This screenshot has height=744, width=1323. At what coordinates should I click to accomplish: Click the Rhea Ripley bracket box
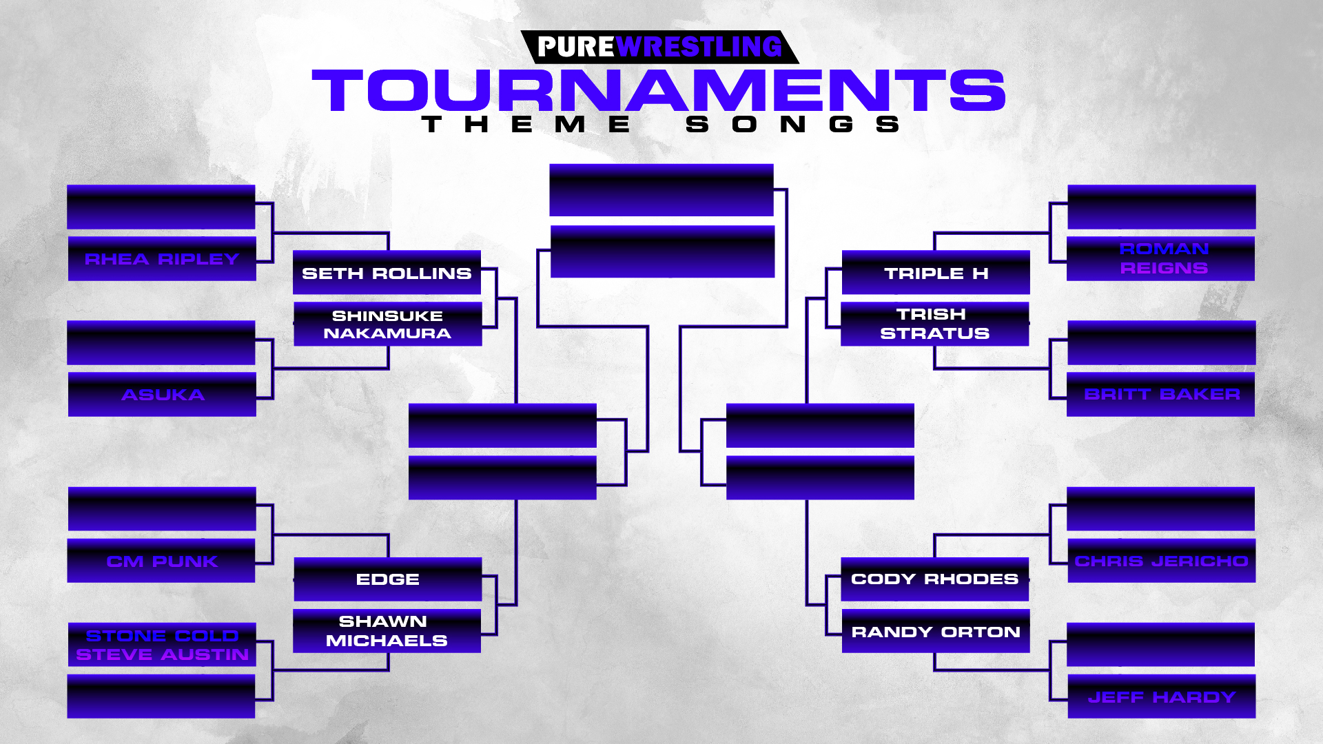point(162,258)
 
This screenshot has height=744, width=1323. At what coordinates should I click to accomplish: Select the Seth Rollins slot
point(387,272)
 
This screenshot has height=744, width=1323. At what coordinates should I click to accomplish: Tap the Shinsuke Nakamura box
point(387,324)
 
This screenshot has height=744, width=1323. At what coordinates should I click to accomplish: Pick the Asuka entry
point(162,394)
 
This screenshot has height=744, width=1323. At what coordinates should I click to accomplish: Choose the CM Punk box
point(161,561)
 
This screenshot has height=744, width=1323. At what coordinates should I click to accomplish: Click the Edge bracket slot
point(387,579)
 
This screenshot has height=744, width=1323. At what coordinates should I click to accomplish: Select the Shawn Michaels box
point(387,630)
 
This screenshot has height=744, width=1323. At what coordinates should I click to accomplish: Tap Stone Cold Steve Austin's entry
point(162,645)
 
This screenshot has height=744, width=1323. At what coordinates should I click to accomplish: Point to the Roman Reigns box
point(1160,258)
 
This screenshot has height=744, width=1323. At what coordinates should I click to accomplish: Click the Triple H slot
point(936,272)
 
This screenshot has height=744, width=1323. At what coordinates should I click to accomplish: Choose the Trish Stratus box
point(935,324)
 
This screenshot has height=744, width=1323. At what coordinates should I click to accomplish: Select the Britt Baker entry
point(1160,394)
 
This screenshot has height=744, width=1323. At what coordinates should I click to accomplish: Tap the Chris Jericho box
point(1162,561)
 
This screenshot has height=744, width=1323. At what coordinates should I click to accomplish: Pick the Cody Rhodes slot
point(935,579)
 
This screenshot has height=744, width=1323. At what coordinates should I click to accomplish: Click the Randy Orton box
point(936,630)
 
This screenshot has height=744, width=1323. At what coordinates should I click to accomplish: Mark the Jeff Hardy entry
point(1162,696)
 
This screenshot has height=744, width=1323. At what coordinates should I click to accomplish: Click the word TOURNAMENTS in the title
point(659,90)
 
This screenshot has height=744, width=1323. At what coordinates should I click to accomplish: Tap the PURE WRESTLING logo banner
point(659,47)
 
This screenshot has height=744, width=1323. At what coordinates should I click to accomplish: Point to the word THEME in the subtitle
point(526,124)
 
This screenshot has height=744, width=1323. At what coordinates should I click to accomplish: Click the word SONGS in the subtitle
point(793,124)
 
